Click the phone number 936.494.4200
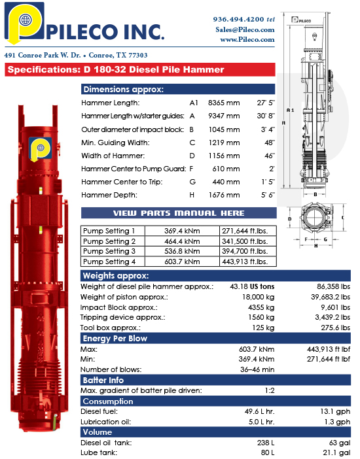coord(238,20)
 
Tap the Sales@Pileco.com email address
coord(245,29)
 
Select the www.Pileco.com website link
coord(247,39)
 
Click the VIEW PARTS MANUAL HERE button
coord(179,213)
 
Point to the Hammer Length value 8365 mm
coord(224,103)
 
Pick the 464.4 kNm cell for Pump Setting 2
coord(182,241)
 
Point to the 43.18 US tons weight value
coord(251,287)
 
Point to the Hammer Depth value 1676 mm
coord(224,195)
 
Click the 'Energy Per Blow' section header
coord(115,339)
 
